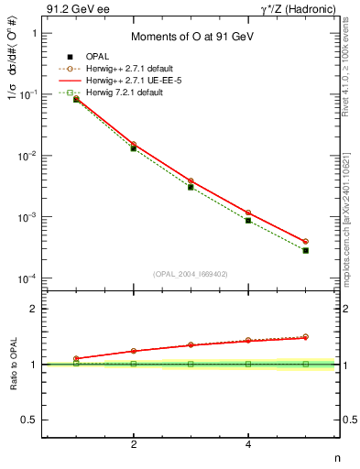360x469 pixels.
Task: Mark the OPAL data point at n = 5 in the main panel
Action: [x=306, y=250]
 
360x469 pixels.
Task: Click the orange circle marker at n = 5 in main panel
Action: [x=306, y=241]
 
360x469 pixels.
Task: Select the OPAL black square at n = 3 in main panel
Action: [x=191, y=187]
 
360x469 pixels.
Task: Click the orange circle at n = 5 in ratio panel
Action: [x=306, y=337]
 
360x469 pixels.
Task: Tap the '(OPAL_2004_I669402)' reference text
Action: [x=191, y=273]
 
